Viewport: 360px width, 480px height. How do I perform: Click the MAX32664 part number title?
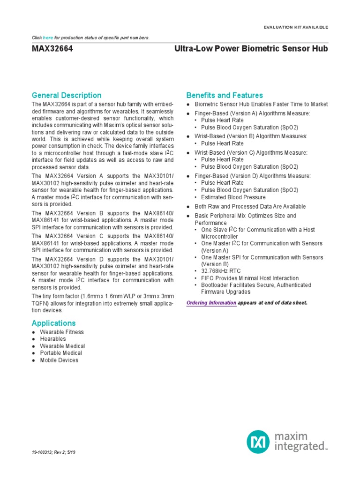(x=52, y=49)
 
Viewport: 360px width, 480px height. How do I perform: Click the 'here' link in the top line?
(x=48, y=37)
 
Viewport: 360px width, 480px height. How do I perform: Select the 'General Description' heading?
(x=66, y=95)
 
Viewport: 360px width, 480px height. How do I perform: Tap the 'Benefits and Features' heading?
(x=225, y=95)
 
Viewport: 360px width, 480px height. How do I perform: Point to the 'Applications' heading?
(x=53, y=323)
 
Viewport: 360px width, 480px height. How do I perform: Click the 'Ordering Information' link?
(x=211, y=303)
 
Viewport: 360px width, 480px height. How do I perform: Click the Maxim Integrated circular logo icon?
(x=259, y=442)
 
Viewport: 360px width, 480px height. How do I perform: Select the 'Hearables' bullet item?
(x=53, y=339)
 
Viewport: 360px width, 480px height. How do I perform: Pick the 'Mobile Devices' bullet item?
(x=59, y=360)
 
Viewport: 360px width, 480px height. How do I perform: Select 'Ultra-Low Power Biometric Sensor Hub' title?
(x=251, y=49)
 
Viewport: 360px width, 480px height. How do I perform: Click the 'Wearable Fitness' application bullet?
(x=62, y=332)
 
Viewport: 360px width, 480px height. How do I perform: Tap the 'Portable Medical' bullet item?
(x=61, y=353)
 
